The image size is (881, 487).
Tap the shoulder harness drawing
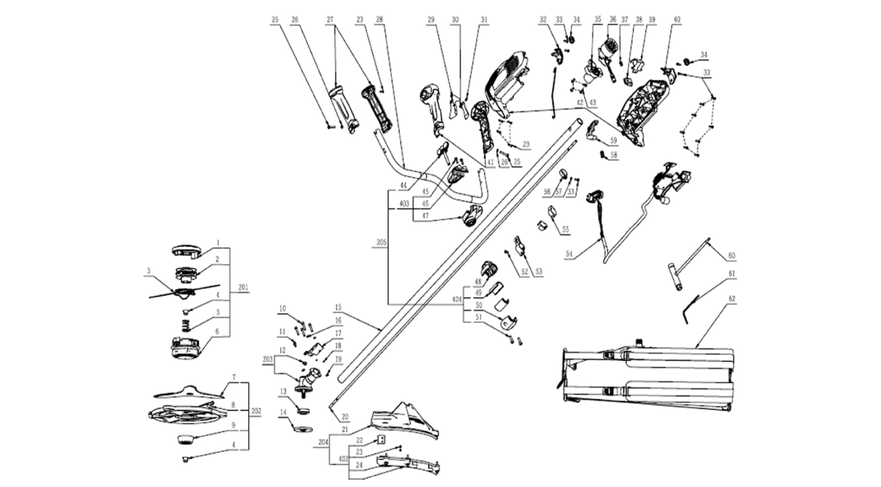coord(647,378)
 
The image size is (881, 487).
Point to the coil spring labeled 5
coord(184,324)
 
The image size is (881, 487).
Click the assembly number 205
coord(381,243)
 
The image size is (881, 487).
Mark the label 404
coord(458,300)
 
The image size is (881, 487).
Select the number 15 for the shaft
coord(338,306)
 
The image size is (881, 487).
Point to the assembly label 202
coord(256,411)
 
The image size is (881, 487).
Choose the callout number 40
coord(677,20)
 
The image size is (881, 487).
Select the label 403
coord(404,203)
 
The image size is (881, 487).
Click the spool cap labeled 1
coord(186,250)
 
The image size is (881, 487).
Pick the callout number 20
coord(345,416)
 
